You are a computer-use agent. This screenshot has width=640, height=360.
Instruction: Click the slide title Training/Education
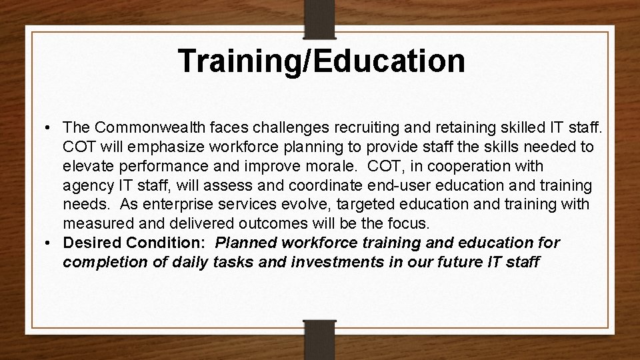pyautogui.click(x=322, y=61)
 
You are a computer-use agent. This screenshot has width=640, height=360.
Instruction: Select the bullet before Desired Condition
pyautogui.click(x=51, y=243)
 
